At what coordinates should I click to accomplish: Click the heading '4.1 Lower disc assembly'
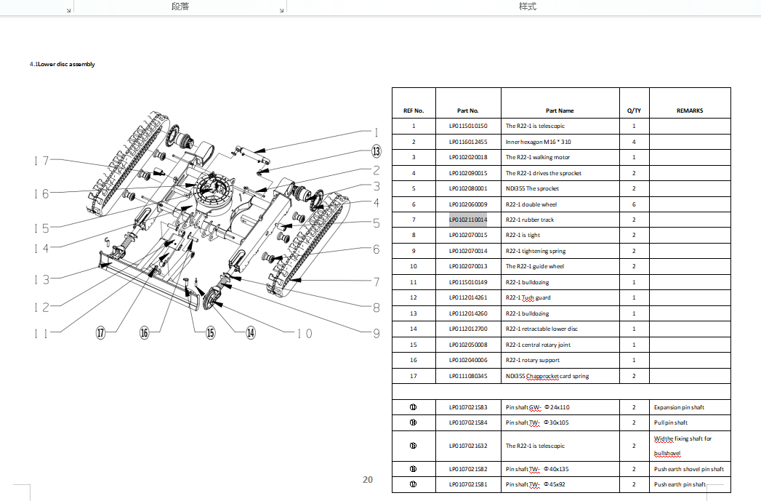click(63, 64)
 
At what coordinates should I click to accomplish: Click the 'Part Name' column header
click(560, 111)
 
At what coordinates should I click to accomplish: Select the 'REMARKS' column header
click(689, 111)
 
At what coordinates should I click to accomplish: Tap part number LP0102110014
click(468, 220)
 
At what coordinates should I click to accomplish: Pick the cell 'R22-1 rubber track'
click(530, 220)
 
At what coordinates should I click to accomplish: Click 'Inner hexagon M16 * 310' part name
click(539, 142)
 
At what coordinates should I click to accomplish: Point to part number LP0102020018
click(468, 157)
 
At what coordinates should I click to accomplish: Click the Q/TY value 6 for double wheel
click(634, 204)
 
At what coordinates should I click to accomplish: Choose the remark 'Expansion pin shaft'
click(679, 407)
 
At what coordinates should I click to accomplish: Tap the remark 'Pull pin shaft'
click(670, 422)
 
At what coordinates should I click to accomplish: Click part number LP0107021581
click(468, 484)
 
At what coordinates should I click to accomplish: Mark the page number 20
click(368, 479)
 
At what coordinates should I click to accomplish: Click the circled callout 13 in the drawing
click(376, 151)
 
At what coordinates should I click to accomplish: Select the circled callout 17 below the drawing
click(101, 332)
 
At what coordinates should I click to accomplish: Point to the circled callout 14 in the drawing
click(251, 332)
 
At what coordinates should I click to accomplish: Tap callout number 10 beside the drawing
click(304, 333)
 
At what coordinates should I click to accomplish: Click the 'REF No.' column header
click(414, 111)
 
